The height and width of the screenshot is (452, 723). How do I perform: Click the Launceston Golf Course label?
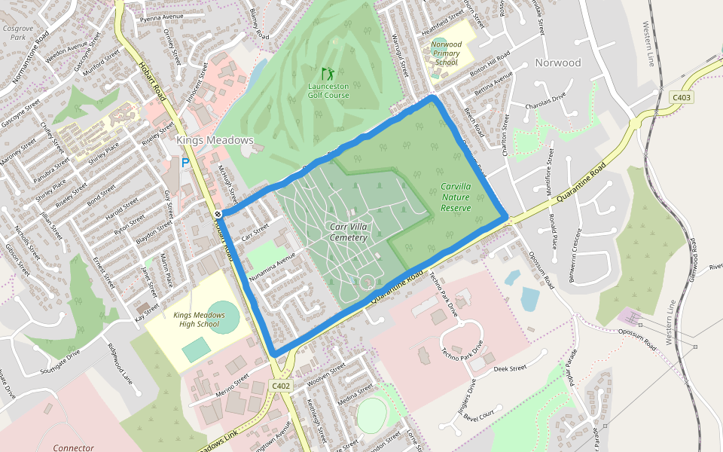328,91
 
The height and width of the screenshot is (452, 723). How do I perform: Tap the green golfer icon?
328,74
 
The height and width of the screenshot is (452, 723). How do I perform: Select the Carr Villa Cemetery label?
348,232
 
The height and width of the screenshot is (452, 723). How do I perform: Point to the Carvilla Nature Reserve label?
456,197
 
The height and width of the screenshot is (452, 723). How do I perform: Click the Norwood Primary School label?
446,53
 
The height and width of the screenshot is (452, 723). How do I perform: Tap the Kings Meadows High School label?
199,319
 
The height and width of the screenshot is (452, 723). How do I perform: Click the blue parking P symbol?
185,163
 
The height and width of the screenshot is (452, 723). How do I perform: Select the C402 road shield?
281,386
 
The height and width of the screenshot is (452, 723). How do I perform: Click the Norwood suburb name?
558,63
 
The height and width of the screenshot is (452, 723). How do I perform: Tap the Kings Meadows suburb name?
215,140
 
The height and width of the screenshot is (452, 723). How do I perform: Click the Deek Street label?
510,369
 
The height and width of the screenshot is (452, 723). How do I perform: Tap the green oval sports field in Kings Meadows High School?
224,316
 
